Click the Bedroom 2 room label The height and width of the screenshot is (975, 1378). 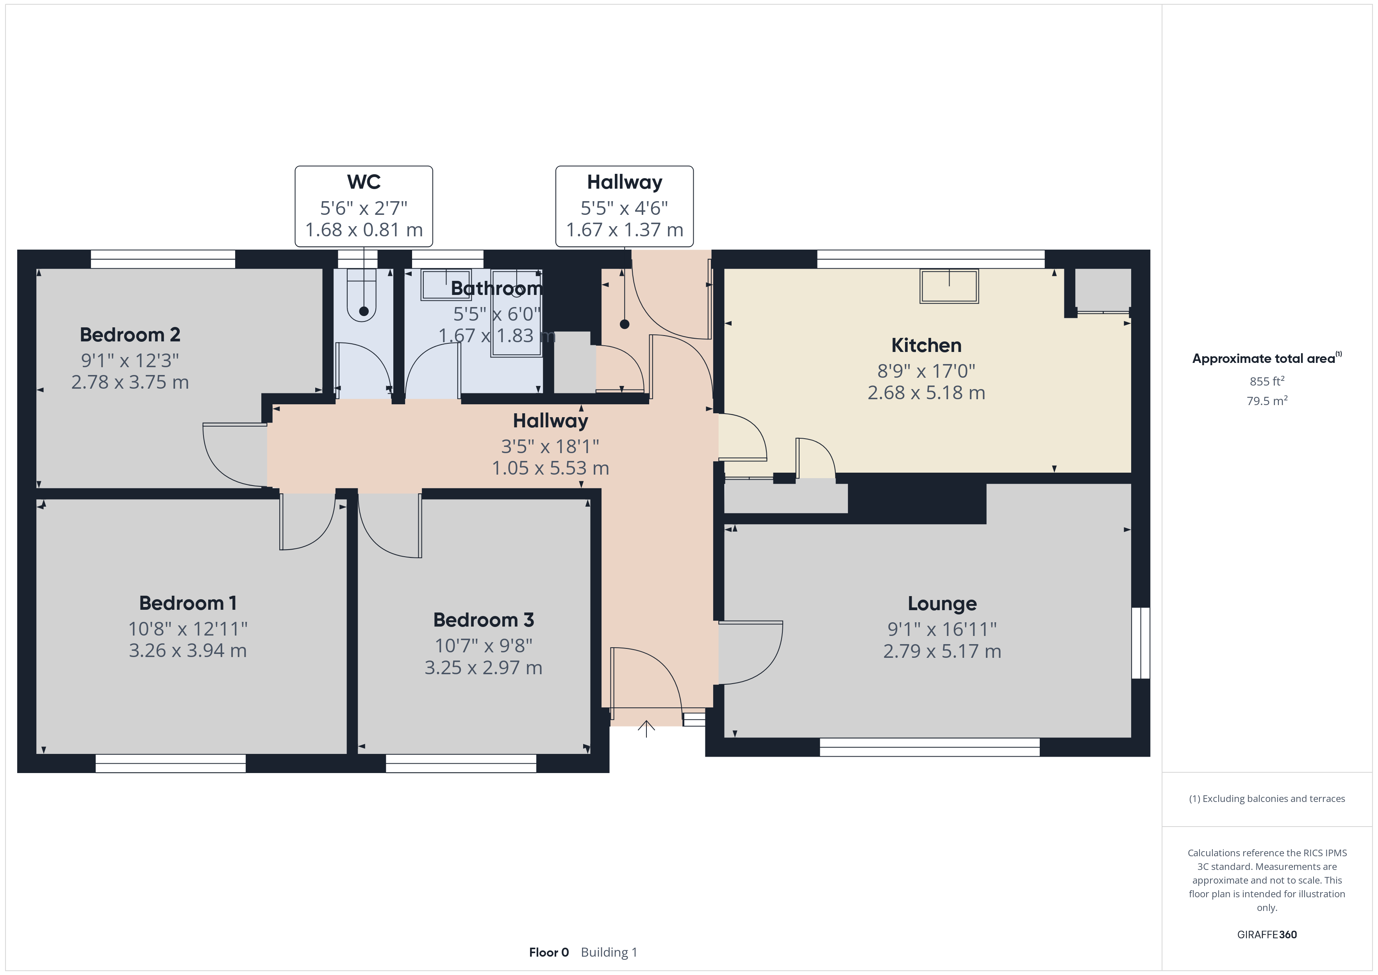click(x=130, y=334)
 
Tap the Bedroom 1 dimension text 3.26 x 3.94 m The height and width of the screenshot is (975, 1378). click(x=188, y=651)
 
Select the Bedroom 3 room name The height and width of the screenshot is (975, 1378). click(x=484, y=620)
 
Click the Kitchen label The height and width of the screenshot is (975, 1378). click(x=926, y=345)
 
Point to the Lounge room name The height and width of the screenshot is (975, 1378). click(x=942, y=604)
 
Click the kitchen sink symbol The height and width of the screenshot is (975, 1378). click(x=950, y=286)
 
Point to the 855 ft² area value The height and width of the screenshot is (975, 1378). click(x=1267, y=381)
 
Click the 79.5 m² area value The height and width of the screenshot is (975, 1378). click(x=1267, y=400)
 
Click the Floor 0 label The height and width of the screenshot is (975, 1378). click(x=548, y=953)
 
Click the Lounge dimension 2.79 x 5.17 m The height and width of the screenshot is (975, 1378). click(x=942, y=652)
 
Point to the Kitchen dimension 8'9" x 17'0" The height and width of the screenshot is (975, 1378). click(x=926, y=371)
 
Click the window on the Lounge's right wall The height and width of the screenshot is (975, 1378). click(x=1141, y=643)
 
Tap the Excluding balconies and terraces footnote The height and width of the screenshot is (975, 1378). click(x=1267, y=798)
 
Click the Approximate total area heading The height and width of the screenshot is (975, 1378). click(x=1266, y=359)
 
